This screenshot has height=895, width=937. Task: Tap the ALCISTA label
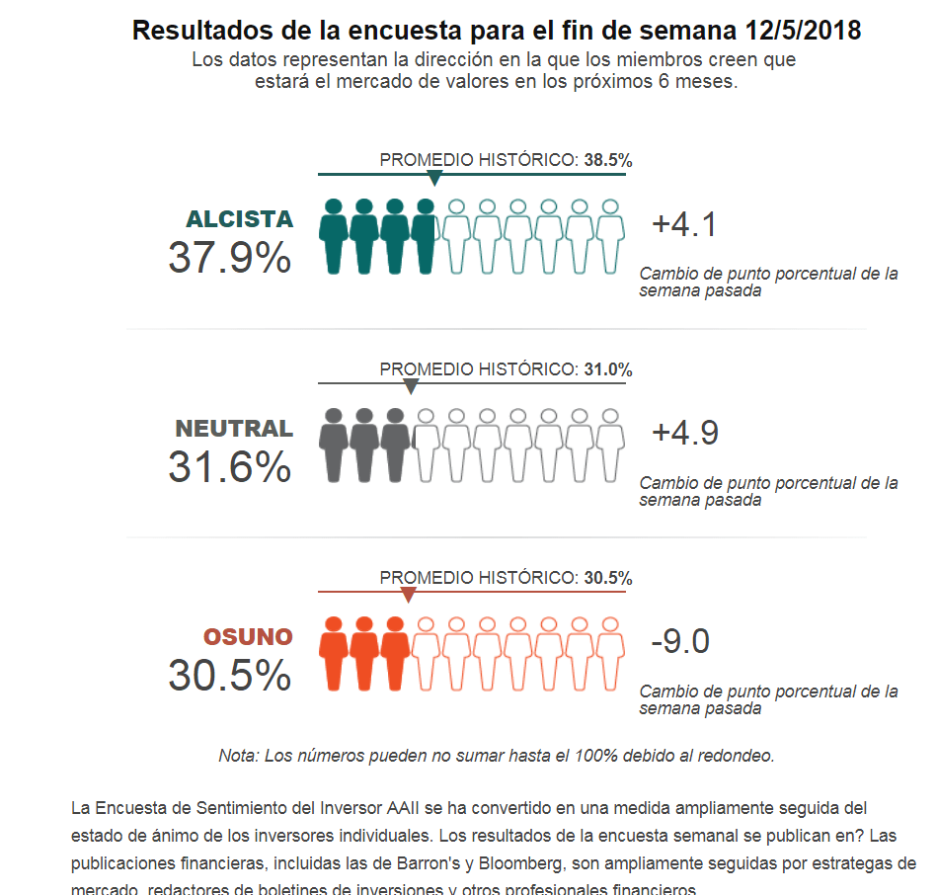pos(239,219)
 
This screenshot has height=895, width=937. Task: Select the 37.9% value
pos(229,259)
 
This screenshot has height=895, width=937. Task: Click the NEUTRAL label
pos(234,429)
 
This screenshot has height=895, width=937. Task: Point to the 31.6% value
pos(229,467)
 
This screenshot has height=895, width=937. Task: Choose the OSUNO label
pos(248,637)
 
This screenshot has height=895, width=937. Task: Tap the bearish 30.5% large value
pos(229,677)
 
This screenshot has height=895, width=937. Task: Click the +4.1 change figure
pos(684,225)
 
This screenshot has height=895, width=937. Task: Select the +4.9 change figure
pos(684,433)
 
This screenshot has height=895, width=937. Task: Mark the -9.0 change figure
pos(680,641)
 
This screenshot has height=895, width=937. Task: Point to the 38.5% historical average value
pos(607,160)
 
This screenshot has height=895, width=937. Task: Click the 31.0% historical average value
pos(607,369)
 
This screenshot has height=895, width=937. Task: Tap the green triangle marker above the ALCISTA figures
pos(434,179)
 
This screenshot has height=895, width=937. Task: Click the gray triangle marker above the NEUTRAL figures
pos(412,387)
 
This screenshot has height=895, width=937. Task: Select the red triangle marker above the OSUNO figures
pos(409,595)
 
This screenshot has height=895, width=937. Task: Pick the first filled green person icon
pos(334,236)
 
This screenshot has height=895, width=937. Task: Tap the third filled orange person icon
pos(395,653)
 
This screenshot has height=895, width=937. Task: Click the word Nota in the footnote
pos(238,756)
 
